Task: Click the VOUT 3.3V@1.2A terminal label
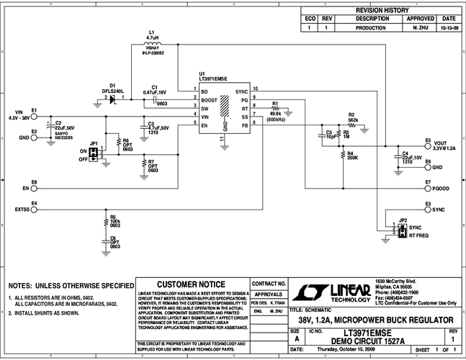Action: [x=447, y=144]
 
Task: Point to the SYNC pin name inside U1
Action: [x=241, y=93]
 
